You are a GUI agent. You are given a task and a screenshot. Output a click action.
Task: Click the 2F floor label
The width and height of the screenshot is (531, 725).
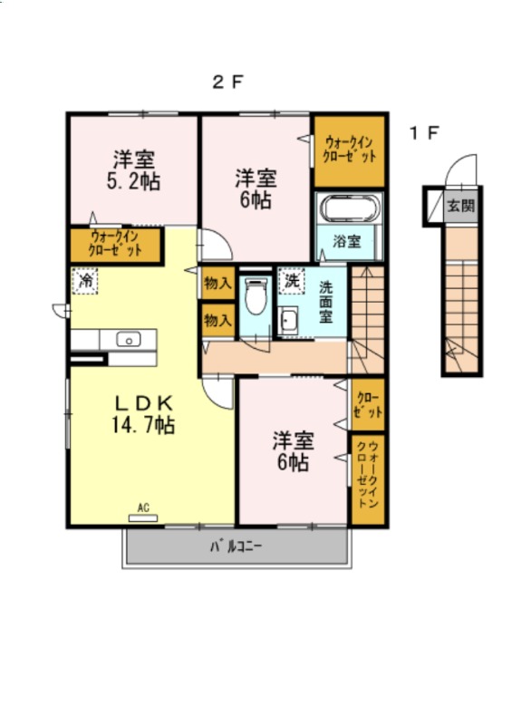(227, 82)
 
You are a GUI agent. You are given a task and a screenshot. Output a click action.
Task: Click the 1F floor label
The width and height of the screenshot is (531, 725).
(424, 133)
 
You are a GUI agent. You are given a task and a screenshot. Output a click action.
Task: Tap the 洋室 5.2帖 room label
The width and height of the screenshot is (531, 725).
(133, 170)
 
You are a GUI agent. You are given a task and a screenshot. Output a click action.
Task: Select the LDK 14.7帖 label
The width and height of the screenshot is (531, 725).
(143, 414)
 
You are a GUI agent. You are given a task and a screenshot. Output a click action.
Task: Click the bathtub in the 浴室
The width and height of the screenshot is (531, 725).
(349, 208)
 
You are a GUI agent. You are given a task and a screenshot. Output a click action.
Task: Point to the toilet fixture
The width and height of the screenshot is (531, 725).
(256, 296)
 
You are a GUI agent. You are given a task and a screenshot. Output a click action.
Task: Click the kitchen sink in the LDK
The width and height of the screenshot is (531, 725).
(129, 339)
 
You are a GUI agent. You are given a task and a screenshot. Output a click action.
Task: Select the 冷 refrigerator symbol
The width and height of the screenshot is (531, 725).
(85, 281)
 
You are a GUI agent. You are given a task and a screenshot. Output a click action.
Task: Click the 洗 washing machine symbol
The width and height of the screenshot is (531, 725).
(292, 280)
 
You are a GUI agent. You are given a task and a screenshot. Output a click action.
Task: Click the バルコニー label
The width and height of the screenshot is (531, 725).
(237, 546)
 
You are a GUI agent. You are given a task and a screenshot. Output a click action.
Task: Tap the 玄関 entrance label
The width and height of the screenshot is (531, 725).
(461, 206)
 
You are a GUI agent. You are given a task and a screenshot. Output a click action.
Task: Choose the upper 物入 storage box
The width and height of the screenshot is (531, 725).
(217, 283)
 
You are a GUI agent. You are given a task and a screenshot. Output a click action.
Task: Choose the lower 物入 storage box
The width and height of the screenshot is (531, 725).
(217, 320)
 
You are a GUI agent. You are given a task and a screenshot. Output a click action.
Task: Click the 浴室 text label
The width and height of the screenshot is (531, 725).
(347, 241)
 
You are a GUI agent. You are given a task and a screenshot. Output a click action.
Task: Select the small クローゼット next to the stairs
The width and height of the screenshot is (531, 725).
(368, 404)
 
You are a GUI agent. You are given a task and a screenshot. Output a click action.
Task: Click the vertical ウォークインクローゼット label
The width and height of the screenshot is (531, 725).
(368, 474)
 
